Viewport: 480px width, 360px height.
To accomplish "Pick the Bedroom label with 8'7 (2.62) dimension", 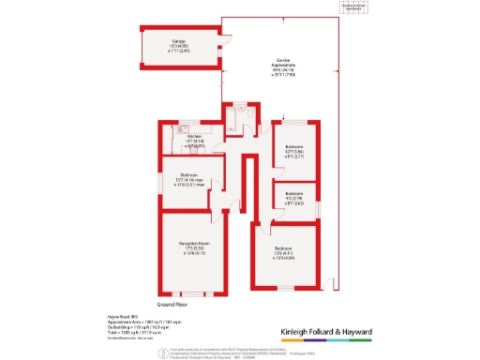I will [293, 200].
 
